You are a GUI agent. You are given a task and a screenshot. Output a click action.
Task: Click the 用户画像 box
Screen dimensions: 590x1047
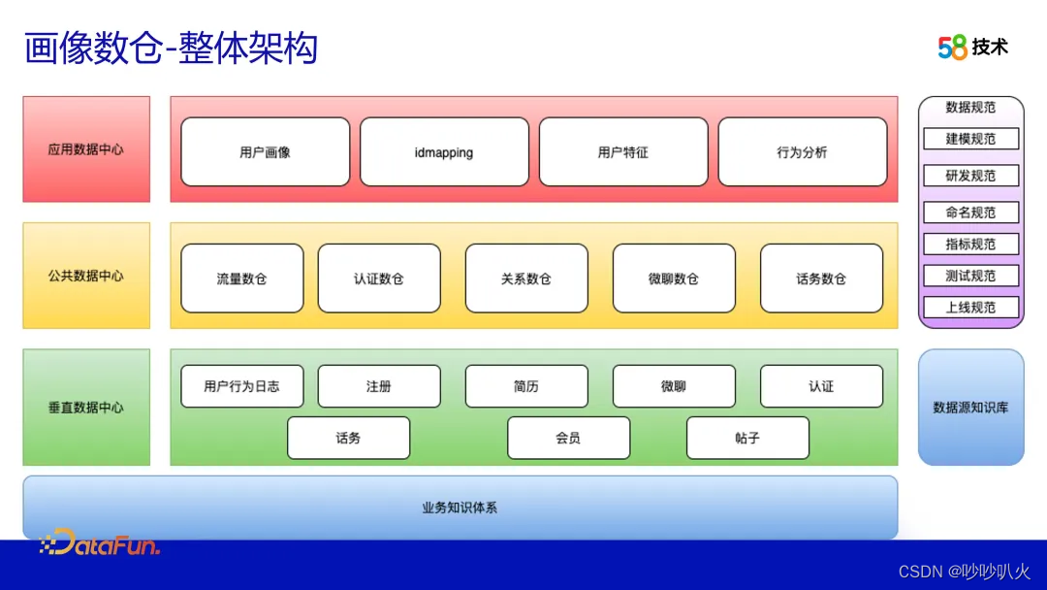coord(265,152)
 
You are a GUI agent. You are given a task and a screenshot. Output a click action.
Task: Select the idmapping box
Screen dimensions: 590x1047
coord(444,152)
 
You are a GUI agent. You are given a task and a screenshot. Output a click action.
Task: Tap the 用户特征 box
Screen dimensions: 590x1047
coord(623,152)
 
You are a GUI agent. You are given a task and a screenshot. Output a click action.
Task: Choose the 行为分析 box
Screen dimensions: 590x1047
coord(802,152)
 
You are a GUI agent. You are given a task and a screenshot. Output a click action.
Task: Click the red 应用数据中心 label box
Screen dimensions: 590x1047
coord(86,149)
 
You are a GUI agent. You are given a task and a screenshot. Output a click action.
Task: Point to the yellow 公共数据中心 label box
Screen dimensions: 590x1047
coord(86,276)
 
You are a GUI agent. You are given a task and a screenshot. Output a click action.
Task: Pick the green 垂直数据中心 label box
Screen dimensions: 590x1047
coord(86,408)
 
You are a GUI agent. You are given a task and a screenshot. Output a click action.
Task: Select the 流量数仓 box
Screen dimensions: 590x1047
coord(241,279)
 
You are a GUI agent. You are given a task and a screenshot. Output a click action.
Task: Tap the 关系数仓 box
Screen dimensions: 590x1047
coord(526,279)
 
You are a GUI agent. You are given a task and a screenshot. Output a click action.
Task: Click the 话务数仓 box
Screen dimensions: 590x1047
coord(821,279)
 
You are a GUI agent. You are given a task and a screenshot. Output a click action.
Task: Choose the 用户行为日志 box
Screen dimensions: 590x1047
coord(241,386)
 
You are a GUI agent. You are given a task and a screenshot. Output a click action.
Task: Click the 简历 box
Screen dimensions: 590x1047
coord(526,386)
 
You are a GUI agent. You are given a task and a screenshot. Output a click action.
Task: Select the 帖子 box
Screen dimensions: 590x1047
coord(747,438)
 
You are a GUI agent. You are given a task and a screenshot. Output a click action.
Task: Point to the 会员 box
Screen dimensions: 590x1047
coord(568,438)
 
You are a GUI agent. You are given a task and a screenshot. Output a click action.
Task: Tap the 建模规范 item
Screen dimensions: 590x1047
coord(970,139)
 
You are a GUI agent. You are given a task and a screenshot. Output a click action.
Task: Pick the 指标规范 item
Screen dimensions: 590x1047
coord(970,244)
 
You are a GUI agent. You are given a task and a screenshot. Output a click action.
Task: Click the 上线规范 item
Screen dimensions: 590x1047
coord(970,307)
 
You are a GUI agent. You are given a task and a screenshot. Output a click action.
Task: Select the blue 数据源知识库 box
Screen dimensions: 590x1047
coord(970,408)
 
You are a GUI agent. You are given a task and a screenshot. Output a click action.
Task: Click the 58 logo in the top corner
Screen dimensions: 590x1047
coord(953,47)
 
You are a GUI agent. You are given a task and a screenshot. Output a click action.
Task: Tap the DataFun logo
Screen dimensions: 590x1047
coord(100,543)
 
